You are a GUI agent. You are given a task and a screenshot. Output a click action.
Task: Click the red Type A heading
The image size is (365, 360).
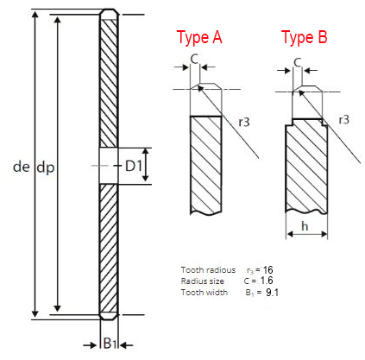199,37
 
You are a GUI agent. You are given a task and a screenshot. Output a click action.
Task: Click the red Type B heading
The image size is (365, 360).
305,37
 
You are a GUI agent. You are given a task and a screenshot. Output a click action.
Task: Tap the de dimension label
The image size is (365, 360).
22,167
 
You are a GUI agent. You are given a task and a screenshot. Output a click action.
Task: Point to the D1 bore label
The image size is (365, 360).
134,166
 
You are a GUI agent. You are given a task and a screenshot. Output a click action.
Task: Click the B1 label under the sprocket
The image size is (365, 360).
110,343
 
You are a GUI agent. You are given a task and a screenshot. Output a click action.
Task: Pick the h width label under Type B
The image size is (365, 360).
305,226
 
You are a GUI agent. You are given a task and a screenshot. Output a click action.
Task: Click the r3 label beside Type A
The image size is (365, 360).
244,123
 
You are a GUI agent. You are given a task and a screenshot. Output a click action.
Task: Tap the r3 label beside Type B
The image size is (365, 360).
343,120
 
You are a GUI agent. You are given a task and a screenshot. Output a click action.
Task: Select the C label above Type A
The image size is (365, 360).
194,60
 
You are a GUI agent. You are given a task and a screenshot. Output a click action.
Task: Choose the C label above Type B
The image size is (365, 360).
298,62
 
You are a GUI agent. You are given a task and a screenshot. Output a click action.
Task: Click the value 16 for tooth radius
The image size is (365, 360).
267,270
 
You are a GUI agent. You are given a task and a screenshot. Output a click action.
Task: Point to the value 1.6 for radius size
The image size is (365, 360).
267,281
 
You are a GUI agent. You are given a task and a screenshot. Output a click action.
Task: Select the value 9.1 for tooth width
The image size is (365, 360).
272,293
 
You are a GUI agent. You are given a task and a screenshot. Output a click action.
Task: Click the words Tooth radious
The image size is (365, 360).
208,270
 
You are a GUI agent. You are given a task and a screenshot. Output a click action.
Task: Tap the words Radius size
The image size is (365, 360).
203,281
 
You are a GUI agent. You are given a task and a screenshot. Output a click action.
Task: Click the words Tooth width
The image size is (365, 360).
205,293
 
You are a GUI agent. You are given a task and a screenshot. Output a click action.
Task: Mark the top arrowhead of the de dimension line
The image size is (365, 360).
35,16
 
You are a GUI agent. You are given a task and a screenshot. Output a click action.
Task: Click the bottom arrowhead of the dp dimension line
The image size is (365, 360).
58,308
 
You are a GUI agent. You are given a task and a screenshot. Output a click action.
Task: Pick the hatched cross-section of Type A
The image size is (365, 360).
206,165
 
